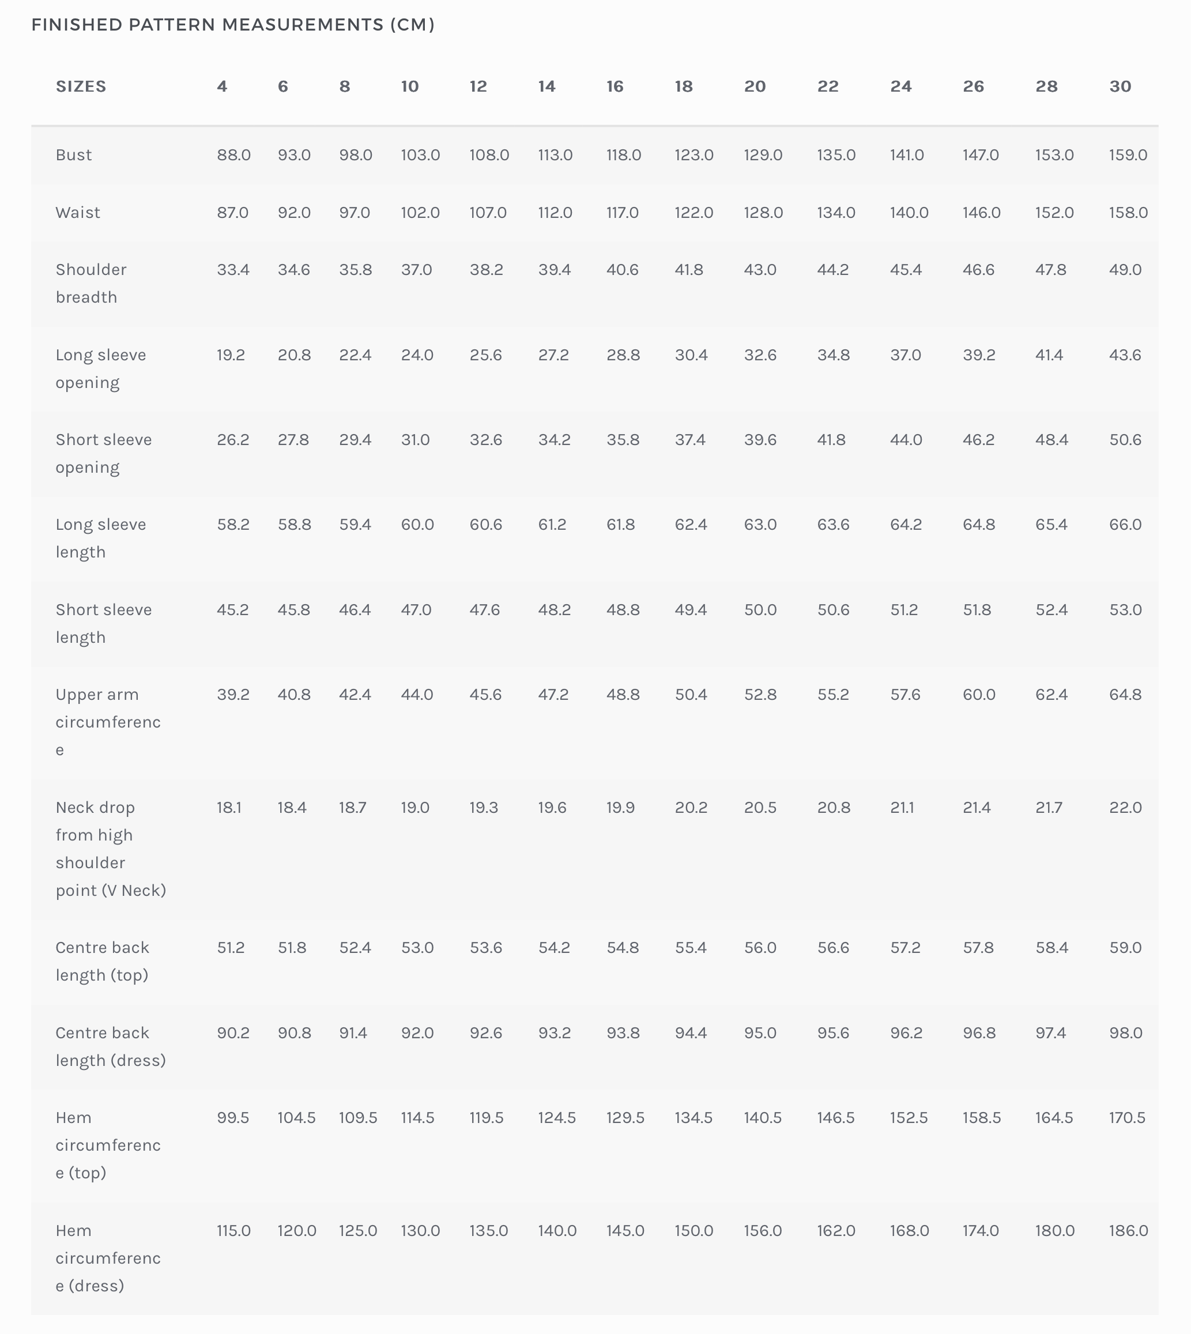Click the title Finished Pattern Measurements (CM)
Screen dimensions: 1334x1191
(233, 25)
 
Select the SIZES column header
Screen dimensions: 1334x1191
(81, 86)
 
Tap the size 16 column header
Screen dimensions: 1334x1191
(615, 86)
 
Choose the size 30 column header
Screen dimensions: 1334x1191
(1120, 86)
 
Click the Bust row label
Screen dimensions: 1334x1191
(73, 155)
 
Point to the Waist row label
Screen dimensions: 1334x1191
(78, 213)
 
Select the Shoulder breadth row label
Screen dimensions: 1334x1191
(91, 283)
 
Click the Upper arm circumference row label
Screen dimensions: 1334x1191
(108, 722)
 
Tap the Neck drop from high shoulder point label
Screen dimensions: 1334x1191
(111, 849)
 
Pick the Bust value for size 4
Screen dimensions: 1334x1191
(233, 155)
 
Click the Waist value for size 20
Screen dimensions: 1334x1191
(763, 213)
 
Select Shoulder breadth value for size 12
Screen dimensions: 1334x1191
(486, 270)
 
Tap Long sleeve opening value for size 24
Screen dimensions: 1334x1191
(905, 355)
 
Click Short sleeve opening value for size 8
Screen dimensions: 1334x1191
(355, 440)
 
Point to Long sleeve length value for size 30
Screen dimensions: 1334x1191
(1125, 524)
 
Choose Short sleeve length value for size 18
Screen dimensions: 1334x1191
(691, 610)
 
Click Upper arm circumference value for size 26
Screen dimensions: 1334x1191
(978, 694)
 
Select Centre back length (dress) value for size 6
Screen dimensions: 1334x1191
(294, 1032)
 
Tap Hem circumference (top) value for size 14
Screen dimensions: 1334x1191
(556, 1117)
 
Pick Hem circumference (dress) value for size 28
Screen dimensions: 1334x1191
(1054, 1231)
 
